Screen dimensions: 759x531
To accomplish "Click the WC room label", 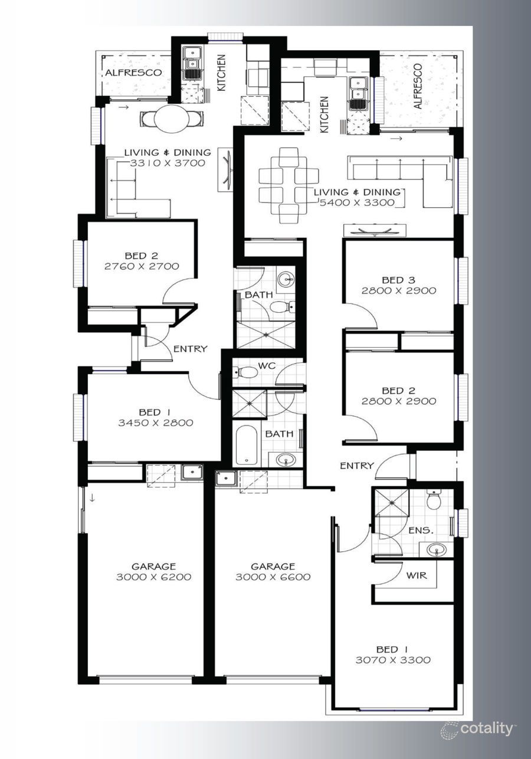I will [268, 366].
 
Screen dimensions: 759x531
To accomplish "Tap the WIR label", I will [417, 575].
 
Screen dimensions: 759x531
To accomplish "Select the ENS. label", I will [421, 531].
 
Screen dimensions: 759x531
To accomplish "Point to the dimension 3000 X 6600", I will [273, 577].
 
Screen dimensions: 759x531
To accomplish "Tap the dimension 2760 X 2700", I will [142, 266].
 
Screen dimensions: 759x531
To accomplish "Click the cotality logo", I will [477, 729].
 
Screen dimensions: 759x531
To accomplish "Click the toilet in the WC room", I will [246, 372].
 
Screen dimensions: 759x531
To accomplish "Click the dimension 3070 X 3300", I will [393, 660].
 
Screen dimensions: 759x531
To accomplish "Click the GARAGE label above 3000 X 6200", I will [153, 567].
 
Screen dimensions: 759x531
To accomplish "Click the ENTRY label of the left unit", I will [190, 349].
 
